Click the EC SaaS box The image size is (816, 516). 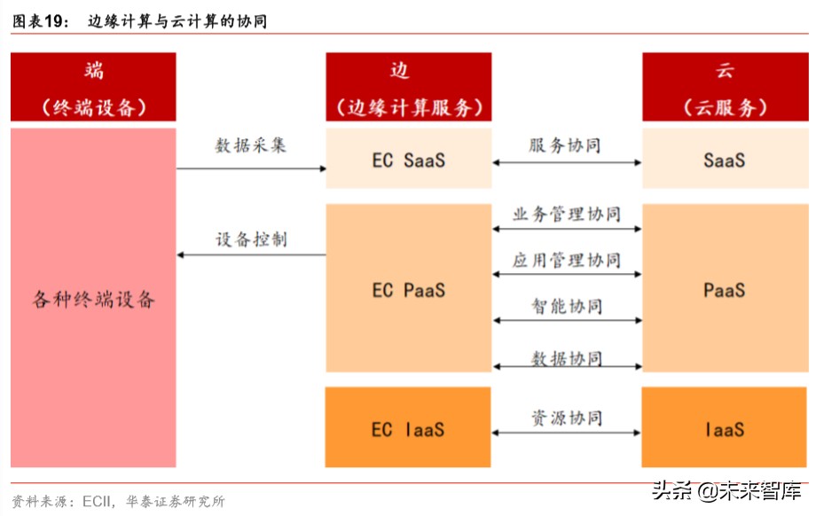pos(409,160)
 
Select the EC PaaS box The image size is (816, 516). pos(409,290)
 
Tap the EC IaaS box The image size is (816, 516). pos(409,429)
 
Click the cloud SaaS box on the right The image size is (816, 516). pos(724,160)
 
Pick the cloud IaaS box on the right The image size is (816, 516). pos(724,429)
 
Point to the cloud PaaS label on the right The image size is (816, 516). pos(724,290)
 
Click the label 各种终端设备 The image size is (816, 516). pos(93,300)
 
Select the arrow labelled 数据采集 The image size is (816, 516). pos(251,168)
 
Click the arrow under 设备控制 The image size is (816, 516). pos(251,255)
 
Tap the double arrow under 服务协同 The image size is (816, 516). pos(567,163)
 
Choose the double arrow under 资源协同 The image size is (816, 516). pos(567,433)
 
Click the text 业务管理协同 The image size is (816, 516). pos(567,214)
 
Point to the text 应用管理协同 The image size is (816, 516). pos(567,260)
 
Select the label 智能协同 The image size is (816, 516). pos(567,306)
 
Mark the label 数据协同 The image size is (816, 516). pos(567,357)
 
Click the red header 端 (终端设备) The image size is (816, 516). pos(93,87)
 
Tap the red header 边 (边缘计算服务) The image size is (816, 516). pos(409,87)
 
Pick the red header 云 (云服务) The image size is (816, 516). pos(724,87)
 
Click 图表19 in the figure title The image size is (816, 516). pos(40,21)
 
